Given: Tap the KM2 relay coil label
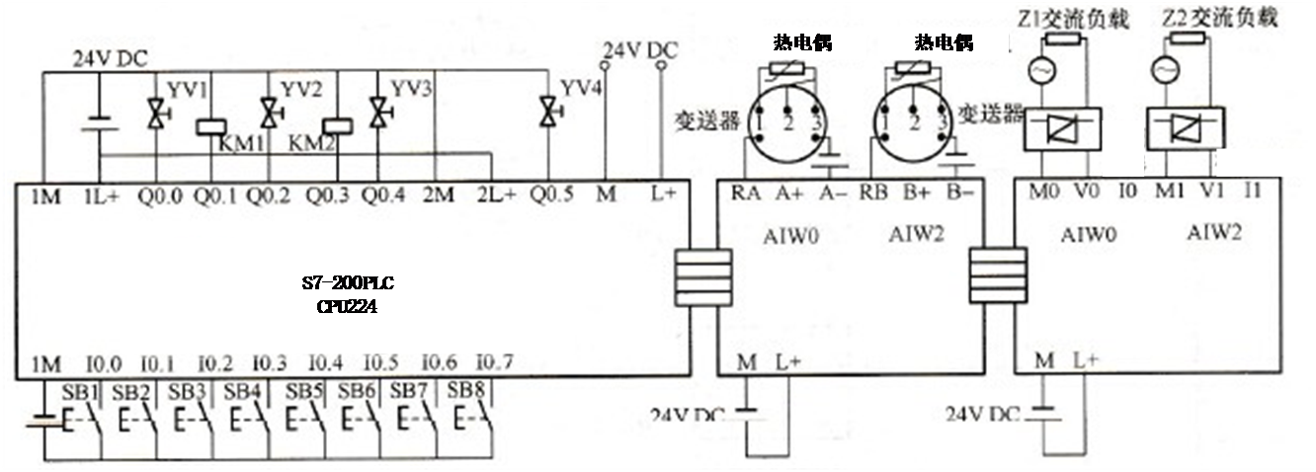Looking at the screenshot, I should tap(307, 144).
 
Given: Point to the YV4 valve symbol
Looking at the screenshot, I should tap(544, 110).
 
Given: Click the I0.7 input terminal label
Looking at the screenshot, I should tap(495, 362).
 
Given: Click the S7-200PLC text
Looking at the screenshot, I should tap(348, 284).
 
